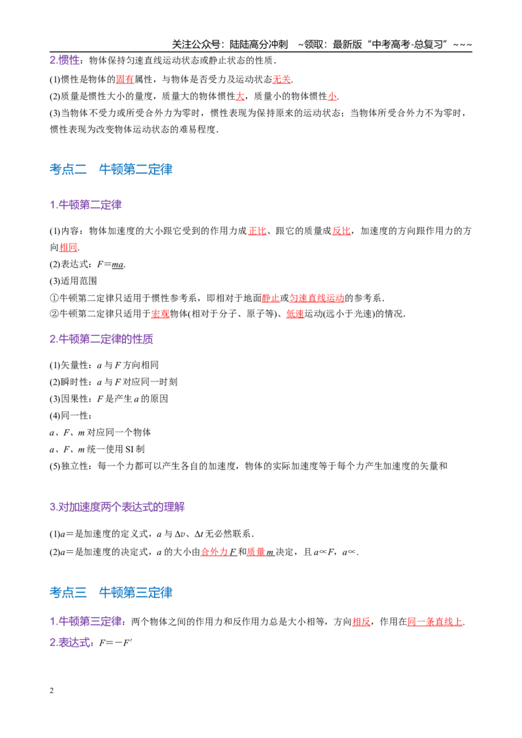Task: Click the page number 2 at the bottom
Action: tap(52, 690)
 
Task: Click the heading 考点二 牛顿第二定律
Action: tap(111, 169)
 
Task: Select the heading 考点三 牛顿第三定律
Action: tap(111, 592)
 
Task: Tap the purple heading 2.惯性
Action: tap(65, 60)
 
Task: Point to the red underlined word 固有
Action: tap(125, 79)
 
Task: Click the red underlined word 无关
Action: tap(282, 79)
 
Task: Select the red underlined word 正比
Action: tap(257, 231)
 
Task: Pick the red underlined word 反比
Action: tap(341, 231)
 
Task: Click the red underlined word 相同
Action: tap(69, 247)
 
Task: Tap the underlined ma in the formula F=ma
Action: tap(118, 265)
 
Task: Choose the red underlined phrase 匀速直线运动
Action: tap(316, 298)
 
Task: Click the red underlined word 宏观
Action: tap(160, 314)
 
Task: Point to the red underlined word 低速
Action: tap(295, 314)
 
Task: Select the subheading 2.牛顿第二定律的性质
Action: tap(101, 339)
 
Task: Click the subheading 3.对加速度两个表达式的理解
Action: tap(117, 507)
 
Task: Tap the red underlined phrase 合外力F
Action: tap(219, 552)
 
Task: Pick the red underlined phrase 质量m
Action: tap(260, 552)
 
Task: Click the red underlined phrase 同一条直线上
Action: tap(435, 622)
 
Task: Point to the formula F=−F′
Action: tap(116, 643)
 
